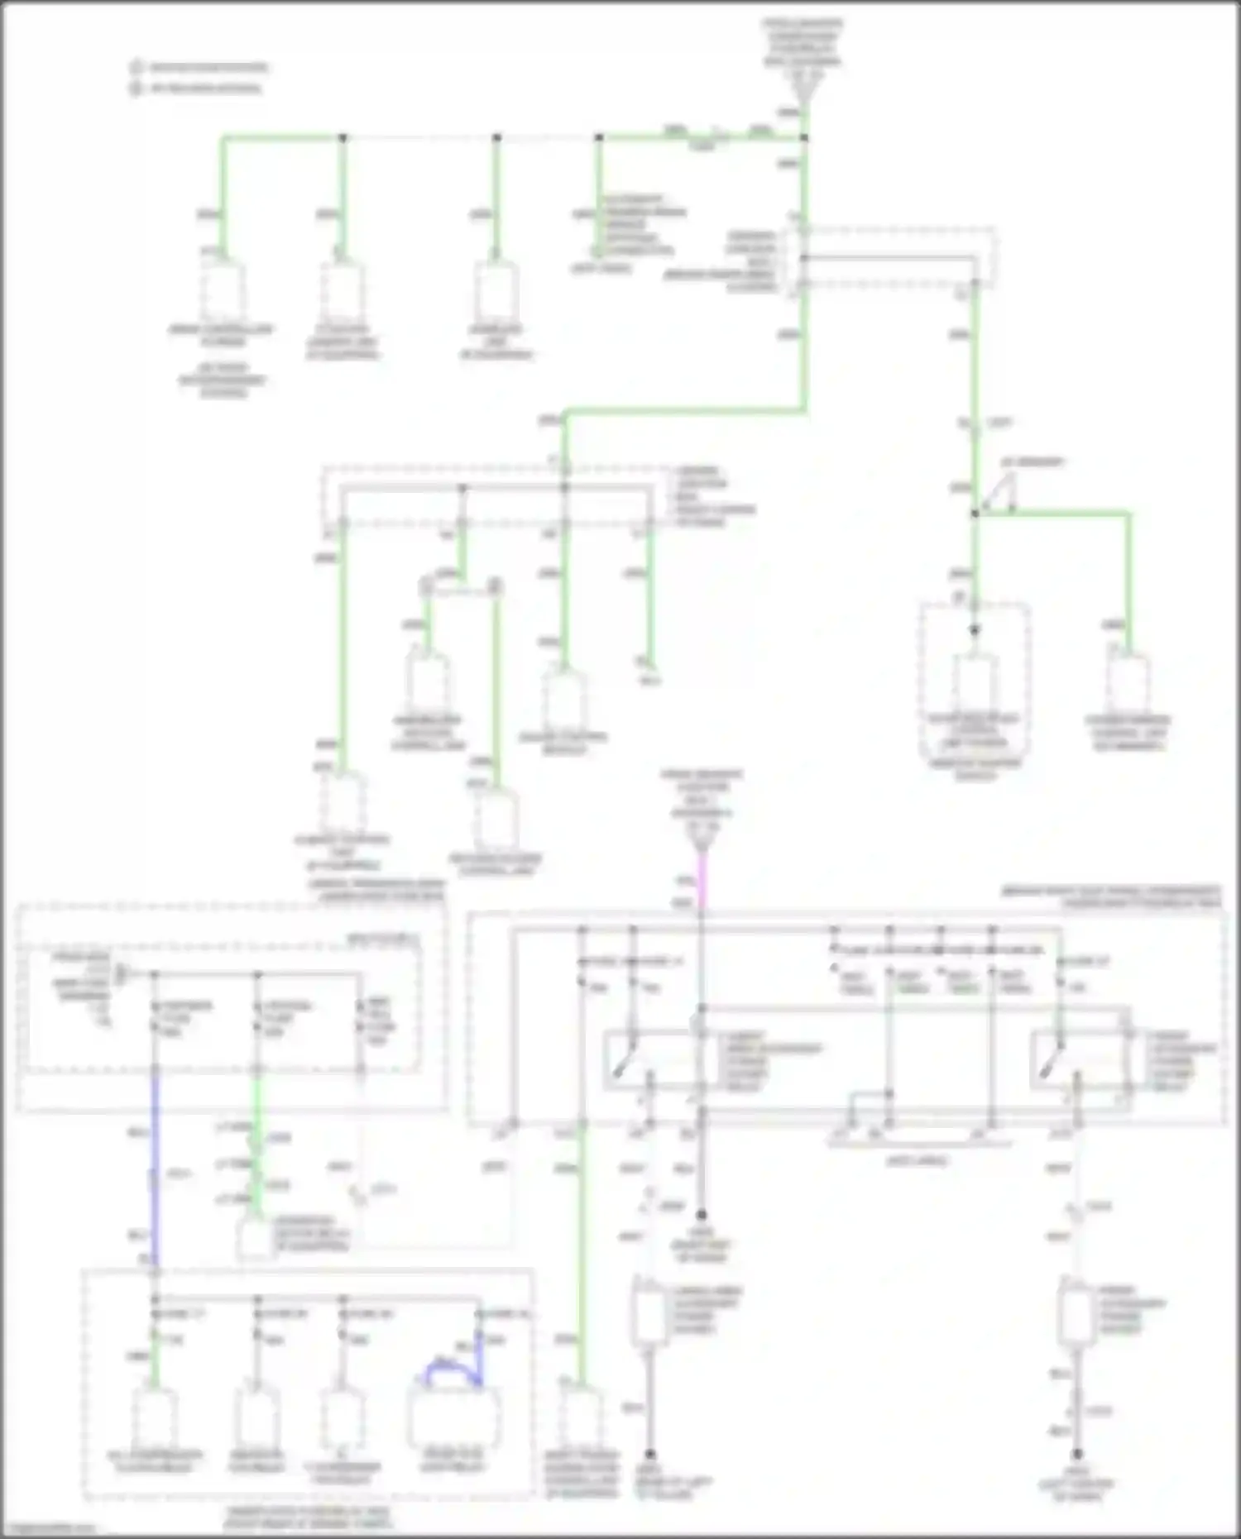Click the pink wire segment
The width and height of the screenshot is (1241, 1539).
click(x=702, y=885)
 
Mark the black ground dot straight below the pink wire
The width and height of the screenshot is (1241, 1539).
click(x=702, y=1215)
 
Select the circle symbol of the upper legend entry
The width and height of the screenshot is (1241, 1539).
click(x=136, y=67)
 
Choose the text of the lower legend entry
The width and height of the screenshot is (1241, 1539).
click(x=206, y=88)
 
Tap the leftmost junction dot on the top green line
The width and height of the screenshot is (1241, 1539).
click(x=343, y=137)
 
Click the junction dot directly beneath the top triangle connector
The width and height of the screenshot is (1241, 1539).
click(x=803, y=137)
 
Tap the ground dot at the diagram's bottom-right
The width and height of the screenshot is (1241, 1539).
click(x=1076, y=1454)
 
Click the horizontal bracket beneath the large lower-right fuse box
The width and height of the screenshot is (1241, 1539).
click(x=918, y=1144)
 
